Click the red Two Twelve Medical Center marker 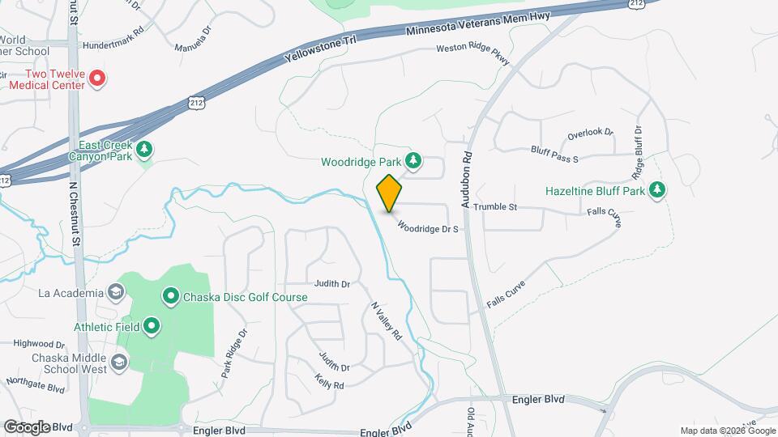point(97,78)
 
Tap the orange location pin point(390,193)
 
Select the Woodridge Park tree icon point(413,160)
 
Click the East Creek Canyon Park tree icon point(144,148)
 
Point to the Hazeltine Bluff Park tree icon point(657,191)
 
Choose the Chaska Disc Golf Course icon point(171,297)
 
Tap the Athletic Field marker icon point(152,326)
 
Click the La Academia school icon point(117,292)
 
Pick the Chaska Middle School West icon point(120,361)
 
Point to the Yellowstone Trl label point(322,50)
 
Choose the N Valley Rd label point(387,320)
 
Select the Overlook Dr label point(590,132)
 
